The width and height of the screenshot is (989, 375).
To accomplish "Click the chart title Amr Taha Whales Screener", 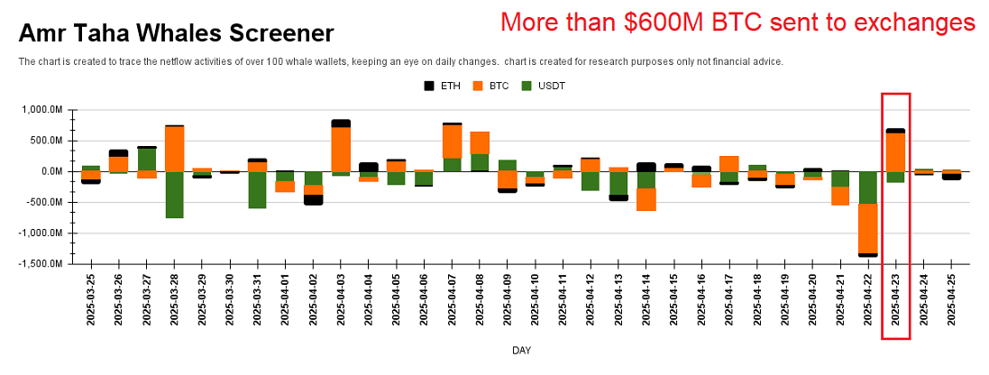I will coord(176,34).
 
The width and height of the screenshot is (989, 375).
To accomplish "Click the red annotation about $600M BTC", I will coord(738,22).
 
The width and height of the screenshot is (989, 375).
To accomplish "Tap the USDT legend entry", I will coord(545,87).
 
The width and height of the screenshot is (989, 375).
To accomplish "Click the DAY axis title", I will coord(521,350).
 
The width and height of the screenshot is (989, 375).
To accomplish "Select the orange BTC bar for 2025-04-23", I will coord(895,151).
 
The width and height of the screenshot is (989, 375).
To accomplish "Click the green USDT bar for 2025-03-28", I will coord(174,195).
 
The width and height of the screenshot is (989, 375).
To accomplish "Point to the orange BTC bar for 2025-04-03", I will coord(341,149).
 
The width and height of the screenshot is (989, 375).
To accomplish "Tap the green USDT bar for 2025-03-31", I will coord(258,190).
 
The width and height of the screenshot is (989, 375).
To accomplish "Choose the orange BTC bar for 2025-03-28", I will coord(174,149).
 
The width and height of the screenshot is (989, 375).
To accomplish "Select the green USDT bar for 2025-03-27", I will coord(147,160).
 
